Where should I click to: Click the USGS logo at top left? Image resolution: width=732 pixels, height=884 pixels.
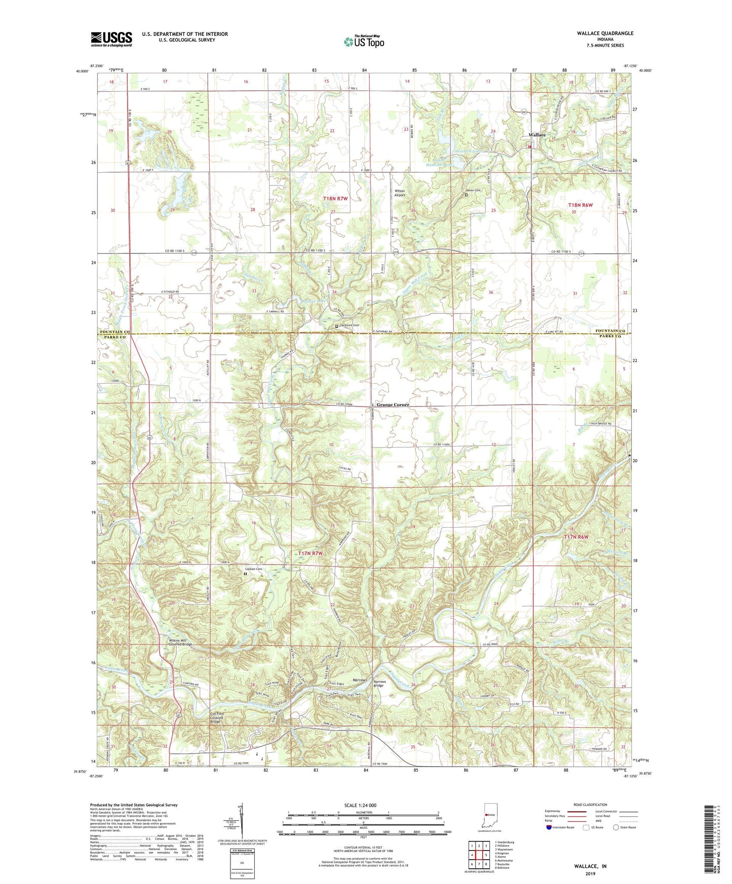point(111,38)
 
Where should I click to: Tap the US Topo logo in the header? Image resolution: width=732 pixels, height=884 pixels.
point(364,42)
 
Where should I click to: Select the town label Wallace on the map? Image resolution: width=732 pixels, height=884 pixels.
point(537,135)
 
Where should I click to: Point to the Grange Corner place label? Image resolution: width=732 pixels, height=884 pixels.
point(392,405)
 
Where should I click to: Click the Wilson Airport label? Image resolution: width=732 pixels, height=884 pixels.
point(400,193)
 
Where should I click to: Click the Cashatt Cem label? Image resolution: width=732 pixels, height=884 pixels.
point(253,569)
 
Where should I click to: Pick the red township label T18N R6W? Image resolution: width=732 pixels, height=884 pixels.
point(580,205)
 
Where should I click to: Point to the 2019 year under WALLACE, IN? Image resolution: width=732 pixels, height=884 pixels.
point(590,873)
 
